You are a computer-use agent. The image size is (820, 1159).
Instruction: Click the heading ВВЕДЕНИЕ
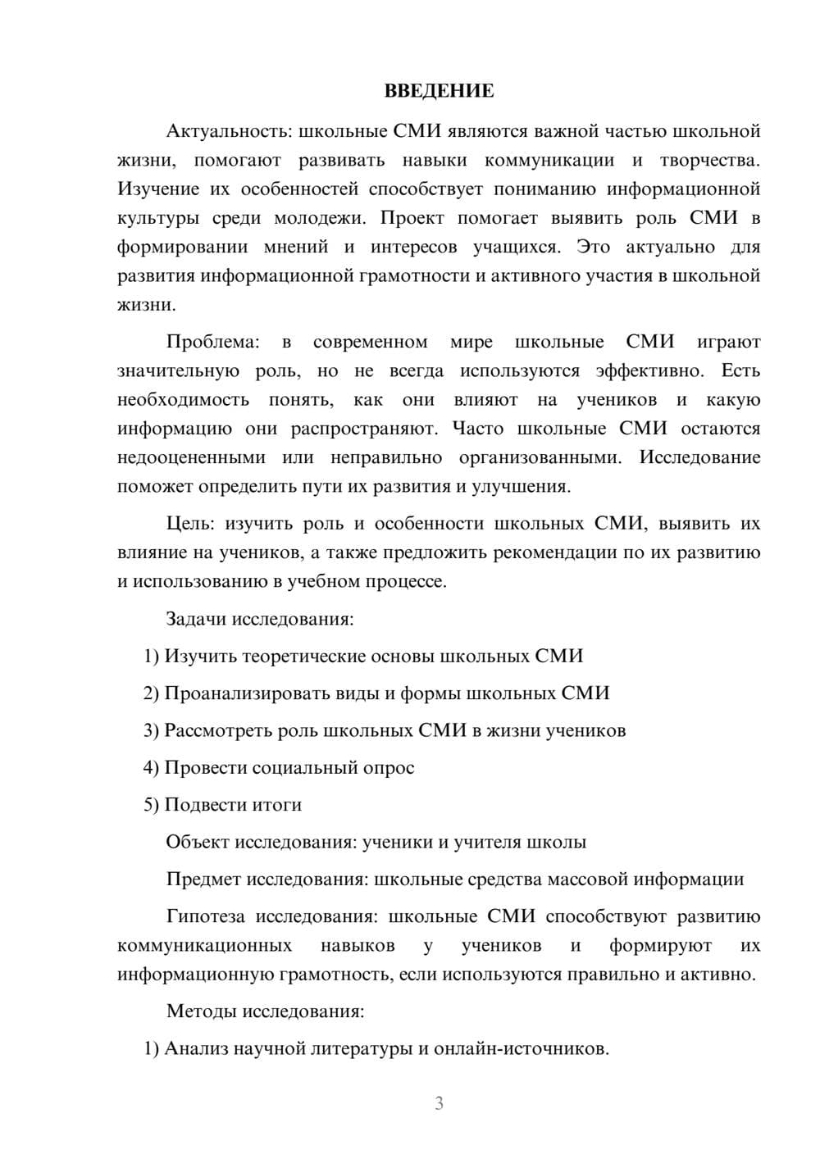(439, 91)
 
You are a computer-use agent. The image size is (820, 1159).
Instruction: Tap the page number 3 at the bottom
(439, 1103)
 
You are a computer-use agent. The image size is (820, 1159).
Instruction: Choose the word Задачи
(196, 619)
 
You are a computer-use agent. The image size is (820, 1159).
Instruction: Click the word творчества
(709, 160)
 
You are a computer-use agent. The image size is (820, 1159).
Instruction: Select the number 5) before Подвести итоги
(151, 805)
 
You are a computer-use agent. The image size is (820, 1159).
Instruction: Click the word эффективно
(649, 370)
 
